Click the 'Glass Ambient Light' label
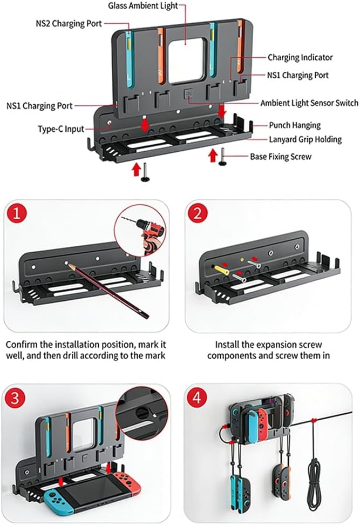click(x=143, y=6)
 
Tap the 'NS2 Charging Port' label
click(x=69, y=23)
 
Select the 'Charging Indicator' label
click(x=300, y=57)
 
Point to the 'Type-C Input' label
click(x=61, y=129)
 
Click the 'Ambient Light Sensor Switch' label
click(x=309, y=103)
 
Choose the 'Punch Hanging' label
click(x=295, y=125)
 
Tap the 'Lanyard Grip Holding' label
click(x=305, y=139)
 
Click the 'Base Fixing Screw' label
click(x=281, y=156)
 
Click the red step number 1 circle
click(x=17, y=213)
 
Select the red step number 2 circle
click(x=198, y=213)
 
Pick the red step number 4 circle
click(x=197, y=398)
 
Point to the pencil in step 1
click(x=108, y=290)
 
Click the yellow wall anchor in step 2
click(x=221, y=269)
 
